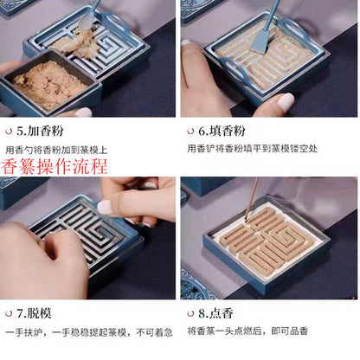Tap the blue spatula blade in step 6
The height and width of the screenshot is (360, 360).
(x=272, y=35)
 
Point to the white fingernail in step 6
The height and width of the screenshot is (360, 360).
(x=285, y=103)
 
